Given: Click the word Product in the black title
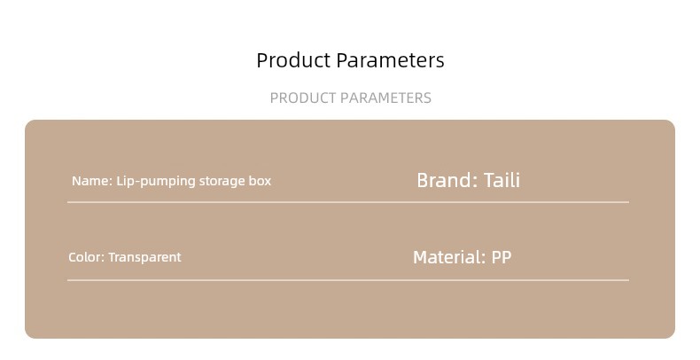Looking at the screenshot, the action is pyautogui.click(x=293, y=60).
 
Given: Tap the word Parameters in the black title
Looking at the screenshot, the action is pyautogui.click(x=390, y=60).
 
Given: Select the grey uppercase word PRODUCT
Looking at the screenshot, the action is pyautogui.click(x=303, y=98).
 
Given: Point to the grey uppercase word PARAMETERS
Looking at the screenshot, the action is pyautogui.click(x=385, y=98).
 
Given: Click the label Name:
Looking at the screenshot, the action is pyautogui.click(x=92, y=181).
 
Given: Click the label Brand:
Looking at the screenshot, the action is pyautogui.click(x=447, y=181).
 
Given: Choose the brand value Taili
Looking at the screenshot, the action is pyautogui.click(x=502, y=181).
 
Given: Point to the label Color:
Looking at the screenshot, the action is pyautogui.click(x=87, y=257).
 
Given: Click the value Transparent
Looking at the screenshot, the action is pyautogui.click(x=144, y=257).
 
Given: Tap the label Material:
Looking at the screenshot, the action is pyautogui.click(x=449, y=257).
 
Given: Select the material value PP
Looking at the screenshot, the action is pyautogui.click(x=502, y=257).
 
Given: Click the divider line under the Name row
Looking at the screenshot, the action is pyautogui.click(x=348, y=202).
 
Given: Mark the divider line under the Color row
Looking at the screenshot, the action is pyautogui.click(x=348, y=280).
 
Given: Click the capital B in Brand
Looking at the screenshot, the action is pyautogui.click(x=423, y=181).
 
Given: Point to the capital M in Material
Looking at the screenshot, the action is pyautogui.click(x=421, y=257).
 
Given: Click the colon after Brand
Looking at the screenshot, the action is pyautogui.click(x=475, y=183).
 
